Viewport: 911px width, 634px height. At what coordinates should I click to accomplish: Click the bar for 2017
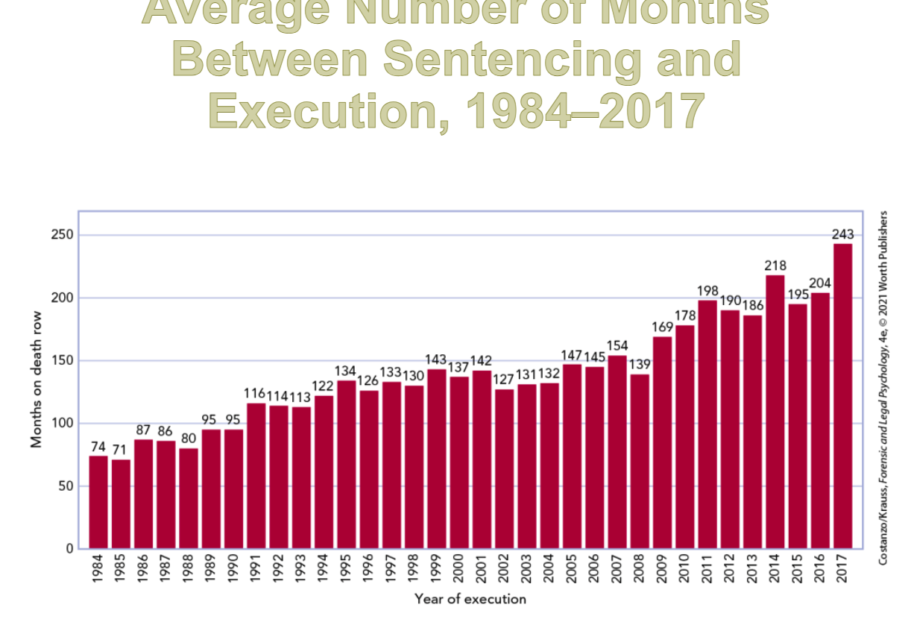click(842, 395)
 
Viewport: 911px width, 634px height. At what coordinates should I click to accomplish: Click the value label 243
click(842, 234)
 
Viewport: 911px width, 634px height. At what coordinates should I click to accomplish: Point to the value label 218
click(775, 266)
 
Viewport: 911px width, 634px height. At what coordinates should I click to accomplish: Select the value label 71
click(121, 450)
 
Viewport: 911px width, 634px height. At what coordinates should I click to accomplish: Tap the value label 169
click(662, 327)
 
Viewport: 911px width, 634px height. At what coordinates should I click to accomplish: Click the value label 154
click(617, 346)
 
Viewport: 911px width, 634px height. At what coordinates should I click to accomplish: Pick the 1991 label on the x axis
click(256, 569)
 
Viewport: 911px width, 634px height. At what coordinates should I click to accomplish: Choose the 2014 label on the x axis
click(775, 569)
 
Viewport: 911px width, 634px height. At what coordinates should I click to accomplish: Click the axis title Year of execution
click(470, 599)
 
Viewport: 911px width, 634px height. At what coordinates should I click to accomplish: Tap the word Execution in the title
click(329, 110)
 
